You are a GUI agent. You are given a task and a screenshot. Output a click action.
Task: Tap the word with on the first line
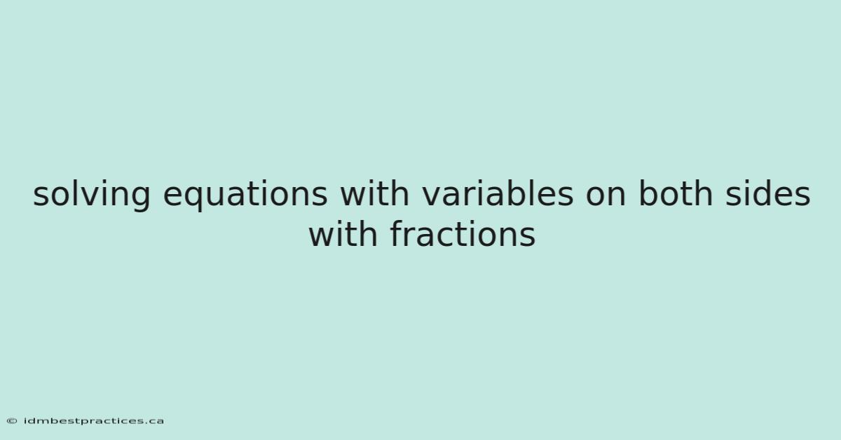[374, 193]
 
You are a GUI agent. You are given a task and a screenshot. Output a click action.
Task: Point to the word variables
[498, 193]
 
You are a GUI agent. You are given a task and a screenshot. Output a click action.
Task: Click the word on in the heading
[606, 196]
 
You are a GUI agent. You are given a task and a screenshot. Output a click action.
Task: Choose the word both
[676, 193]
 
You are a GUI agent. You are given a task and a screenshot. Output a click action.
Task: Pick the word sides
[768, 193]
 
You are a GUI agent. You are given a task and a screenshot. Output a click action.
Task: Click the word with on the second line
[343, 233]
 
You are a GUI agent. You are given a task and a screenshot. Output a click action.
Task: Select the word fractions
[463, 233]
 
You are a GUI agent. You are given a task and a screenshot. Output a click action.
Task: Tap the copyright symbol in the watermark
[12, 421]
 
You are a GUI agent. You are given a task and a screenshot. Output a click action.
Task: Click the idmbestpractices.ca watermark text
[94, 421]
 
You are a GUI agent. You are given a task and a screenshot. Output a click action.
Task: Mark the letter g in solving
[140, 200]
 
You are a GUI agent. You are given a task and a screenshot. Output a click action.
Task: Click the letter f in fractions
[397, 233]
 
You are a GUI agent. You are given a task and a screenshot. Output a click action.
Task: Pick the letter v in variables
[432, 196]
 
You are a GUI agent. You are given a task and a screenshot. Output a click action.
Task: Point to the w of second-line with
[323, 238]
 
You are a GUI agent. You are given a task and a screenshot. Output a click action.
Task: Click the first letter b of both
[649, 193]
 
